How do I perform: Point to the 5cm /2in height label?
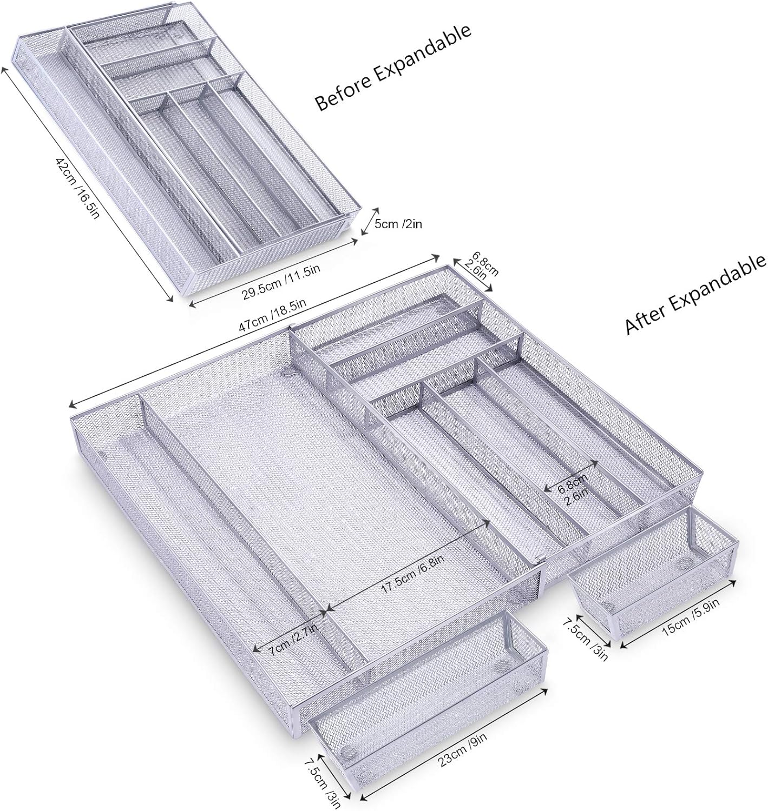click(x=398, y=224)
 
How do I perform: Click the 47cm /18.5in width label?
click(x=272, y=316)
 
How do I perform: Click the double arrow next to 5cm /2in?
click(x=370, y=222)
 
